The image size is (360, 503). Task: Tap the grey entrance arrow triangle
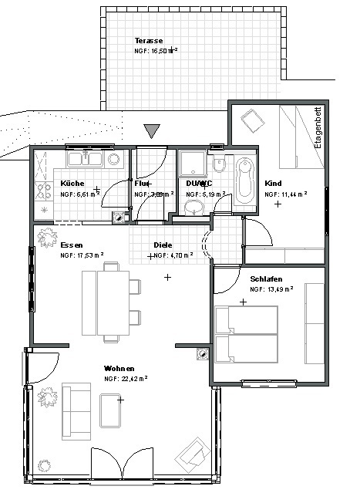(x=153, y=131)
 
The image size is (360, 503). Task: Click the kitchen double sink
(x=86, y=160)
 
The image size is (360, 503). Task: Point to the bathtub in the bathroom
(x=246, y=182)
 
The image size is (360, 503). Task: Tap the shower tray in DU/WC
(x=192, y=164)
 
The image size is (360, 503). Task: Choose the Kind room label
(x=273, y=183)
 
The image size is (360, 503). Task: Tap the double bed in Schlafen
(x=246, y=333)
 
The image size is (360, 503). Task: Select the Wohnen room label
(x=119, y=368)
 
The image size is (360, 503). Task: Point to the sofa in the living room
(x=76, y=409)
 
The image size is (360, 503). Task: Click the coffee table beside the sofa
(x=111, y=409)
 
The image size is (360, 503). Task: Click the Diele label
(x=162, y=244)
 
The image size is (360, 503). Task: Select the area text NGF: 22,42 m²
(x=126, y=379)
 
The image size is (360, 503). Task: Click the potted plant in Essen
(x=46, y=235)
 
